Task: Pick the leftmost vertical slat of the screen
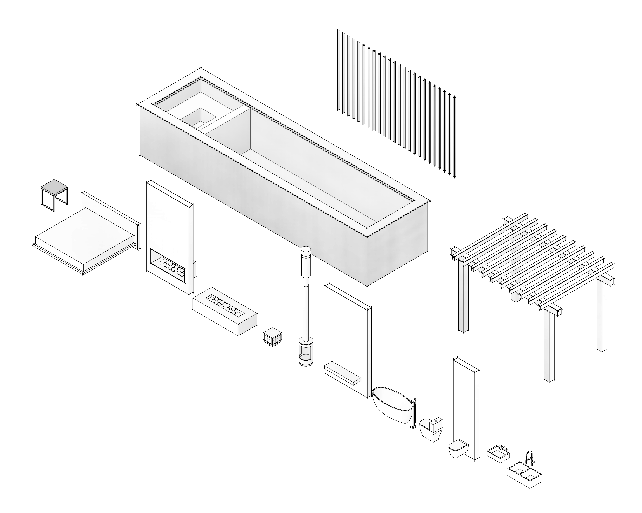339,70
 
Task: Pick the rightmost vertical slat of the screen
454,137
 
